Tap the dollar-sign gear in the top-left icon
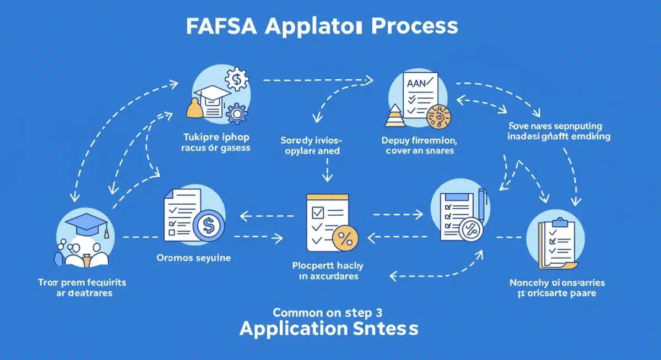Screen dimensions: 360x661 (237, 81)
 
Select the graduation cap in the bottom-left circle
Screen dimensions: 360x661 (86, 223)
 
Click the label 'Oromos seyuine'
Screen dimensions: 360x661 (194, 257)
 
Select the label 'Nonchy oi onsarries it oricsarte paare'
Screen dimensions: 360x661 (557, 287)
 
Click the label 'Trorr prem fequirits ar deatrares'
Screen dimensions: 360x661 (83, 287)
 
